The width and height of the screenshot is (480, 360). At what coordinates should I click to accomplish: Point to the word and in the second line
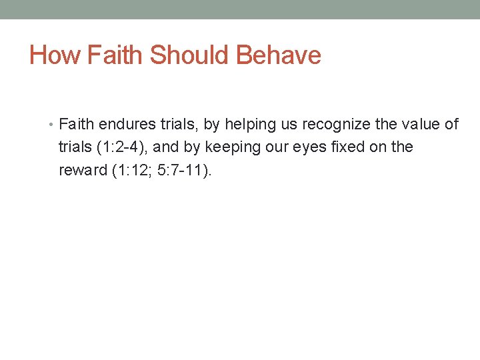[x=166, y=147]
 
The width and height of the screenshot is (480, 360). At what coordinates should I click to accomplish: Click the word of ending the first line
[x=451, y=125]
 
